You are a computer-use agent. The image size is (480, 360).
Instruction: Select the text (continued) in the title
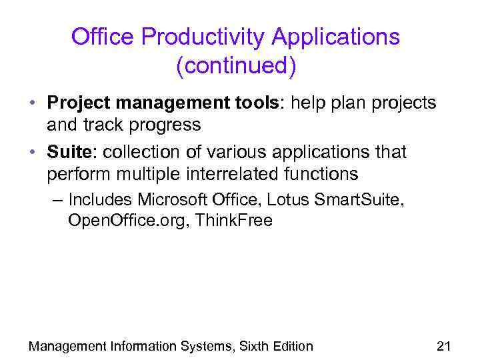point(235,66)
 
